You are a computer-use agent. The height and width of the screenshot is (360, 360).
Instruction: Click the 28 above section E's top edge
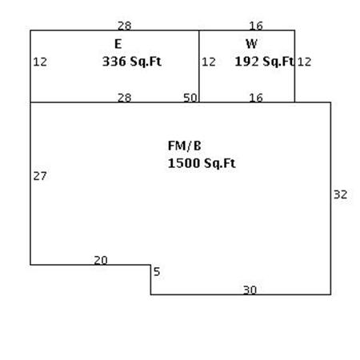click(x=125, y=26)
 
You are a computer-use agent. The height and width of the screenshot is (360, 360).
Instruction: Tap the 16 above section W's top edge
click(x=256, y=26)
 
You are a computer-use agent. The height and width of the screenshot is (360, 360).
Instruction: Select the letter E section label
click(x=118, y=44)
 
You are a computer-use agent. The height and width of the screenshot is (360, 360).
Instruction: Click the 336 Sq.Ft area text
click(x=132, y=62)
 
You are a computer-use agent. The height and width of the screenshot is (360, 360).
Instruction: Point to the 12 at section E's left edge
click(x=40, y=62)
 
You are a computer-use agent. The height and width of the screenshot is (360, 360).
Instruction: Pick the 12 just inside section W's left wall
click(x=209, y=62)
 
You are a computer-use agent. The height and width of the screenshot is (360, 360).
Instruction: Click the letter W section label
click(x=251, y=44)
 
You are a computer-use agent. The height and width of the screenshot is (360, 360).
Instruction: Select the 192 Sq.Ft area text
click(x=264, y=62)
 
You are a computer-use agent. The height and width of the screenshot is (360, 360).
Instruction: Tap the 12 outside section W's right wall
click(x=304, y=62)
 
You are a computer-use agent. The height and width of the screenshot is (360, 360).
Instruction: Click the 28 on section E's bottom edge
click(x=125, y=98)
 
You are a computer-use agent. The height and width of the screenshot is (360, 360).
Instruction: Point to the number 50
click(x=190, y=98)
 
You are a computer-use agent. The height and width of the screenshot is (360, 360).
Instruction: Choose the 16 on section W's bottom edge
click(x=256, y=98)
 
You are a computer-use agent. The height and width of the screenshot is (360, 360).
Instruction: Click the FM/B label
click(x=185, y=146)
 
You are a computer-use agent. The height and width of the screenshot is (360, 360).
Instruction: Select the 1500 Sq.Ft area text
click(x=202, y=163)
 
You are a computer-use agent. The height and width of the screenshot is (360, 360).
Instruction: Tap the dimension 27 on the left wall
click(x=40, y=176)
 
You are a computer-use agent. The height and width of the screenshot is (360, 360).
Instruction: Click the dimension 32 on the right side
click(x=341, y=194)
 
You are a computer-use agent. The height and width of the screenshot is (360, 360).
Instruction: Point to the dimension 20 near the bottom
click(x=101, y=260)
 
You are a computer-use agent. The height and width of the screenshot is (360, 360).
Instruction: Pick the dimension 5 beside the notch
click(x=157, y=272)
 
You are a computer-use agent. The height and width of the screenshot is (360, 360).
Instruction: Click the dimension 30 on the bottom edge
click(x=250, y=290)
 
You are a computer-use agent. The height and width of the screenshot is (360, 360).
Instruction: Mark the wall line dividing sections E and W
click(x=199, y=66)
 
